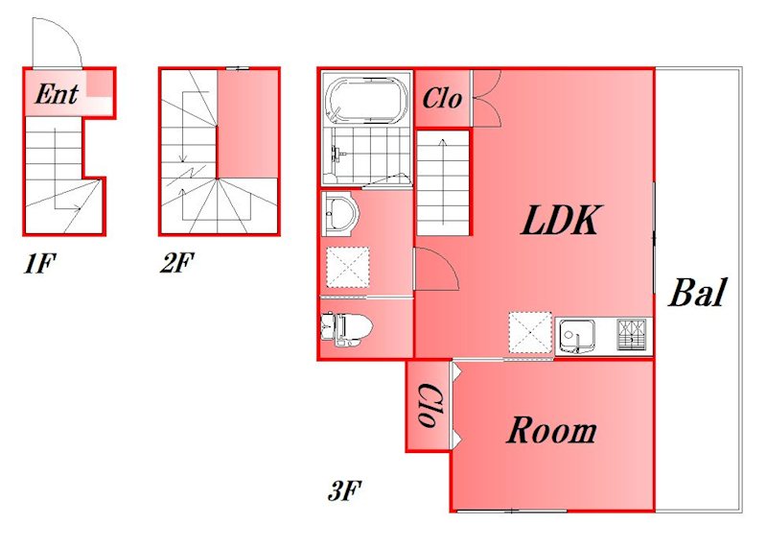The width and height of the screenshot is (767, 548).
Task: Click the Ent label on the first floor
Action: (57, 94)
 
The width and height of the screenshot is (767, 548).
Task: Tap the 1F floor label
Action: (38, 264)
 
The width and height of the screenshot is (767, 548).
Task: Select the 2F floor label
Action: (176, 263)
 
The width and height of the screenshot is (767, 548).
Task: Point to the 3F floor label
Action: (344, 490)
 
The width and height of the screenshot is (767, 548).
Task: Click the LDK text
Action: (561, 221)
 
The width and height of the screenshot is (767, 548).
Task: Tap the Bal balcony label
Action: (697, 293)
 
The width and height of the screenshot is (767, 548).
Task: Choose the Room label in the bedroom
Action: (551, 431)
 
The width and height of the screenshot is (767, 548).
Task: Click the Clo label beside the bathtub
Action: (442, 99)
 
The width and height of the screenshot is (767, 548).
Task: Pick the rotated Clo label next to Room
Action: (429, 404)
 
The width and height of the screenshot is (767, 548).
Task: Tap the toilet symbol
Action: (346, 329)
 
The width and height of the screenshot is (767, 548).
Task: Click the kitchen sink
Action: (576, 337)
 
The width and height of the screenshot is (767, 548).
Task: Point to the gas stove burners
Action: (632, 335)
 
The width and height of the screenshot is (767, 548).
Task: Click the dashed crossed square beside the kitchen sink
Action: (530, 332)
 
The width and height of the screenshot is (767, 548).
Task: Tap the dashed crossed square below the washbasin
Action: (347, 267)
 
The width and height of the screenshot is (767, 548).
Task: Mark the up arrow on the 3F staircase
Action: (443, 182)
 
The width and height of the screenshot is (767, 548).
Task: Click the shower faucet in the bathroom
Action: (337, 154)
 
